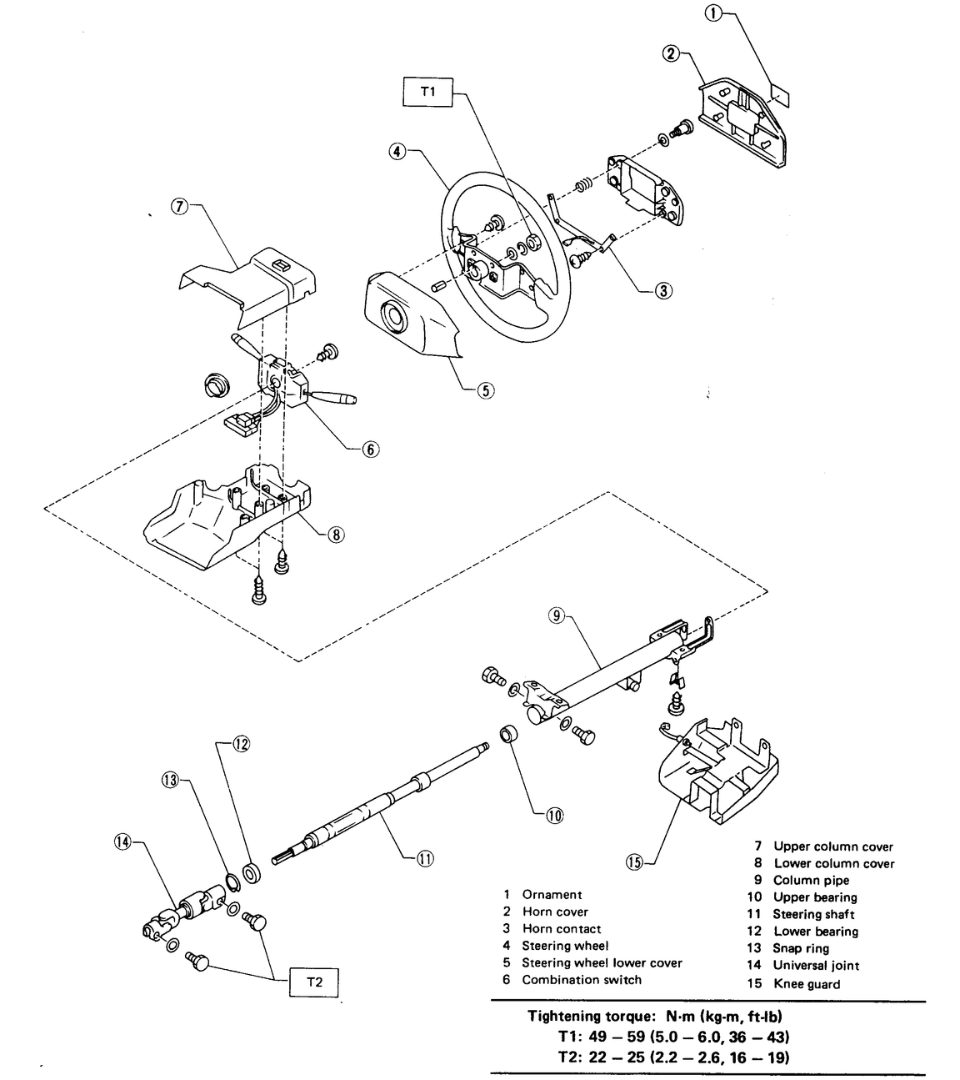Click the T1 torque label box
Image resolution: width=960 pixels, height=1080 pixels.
[x=427, y=92]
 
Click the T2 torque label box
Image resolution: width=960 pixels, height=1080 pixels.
[x=313, y=982]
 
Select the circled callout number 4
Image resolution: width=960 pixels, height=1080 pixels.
[x=397, y=152]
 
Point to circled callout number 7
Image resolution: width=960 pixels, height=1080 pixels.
[x=179, y=208]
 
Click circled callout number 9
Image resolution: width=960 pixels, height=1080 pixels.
[x=557, y=616]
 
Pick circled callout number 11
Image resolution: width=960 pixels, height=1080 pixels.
[x=426, y=856]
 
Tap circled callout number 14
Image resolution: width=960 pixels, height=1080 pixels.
[x=122, y=842]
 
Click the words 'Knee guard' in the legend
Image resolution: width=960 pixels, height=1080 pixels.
[x=806, y=984]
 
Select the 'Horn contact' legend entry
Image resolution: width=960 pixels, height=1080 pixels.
[x=561, y=929]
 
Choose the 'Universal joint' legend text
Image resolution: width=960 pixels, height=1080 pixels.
[x=815, y=966]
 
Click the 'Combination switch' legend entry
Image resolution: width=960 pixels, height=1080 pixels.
[x=581, y=980]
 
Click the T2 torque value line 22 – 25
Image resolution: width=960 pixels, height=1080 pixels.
[x=672, y=1057]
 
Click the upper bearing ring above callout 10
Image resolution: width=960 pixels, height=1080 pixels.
[x=510, y=734]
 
